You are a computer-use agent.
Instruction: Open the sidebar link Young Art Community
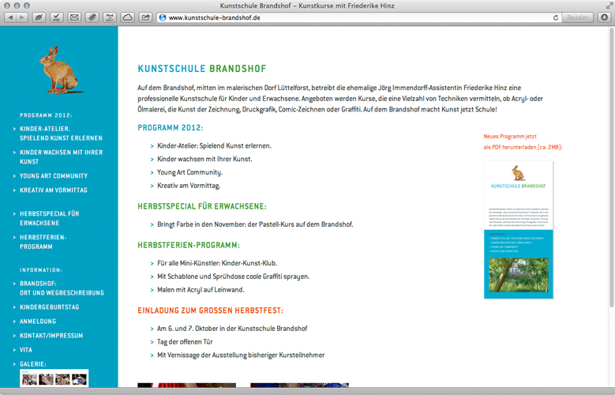[54, 176]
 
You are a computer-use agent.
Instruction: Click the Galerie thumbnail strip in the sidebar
[54, 379]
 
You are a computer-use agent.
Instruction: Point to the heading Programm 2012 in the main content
[171, 128]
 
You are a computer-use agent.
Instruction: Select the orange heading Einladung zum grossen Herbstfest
[210, 310]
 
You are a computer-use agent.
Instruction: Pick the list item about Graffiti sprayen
[233, 276]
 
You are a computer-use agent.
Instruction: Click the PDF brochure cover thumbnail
[518, 230]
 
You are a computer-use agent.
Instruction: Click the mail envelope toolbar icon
[74, 17]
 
